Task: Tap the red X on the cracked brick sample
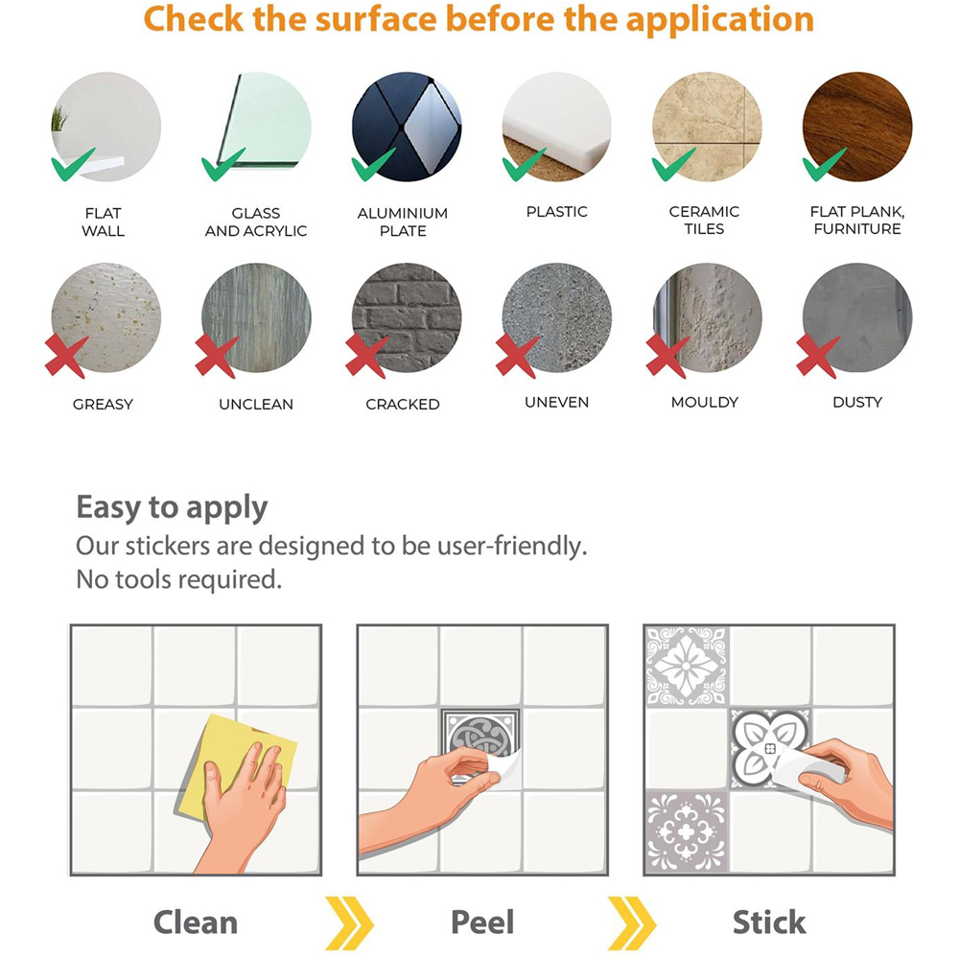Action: click(x=365, y=357)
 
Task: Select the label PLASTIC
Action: click(x=556, y=212)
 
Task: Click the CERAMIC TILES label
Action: click(x=704, y=221)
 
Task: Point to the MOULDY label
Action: click(x=705, y=402)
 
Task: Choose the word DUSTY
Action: click(x=856, y=402)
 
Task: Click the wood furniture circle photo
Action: click(x=856, y=127)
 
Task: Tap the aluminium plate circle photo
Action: click(x=407, y=127)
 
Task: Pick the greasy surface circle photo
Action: click(x=105, y=318)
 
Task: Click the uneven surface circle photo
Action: click(x=556, y=318)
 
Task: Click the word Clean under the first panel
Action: click(x=195, y=923)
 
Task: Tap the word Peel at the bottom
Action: click(x=482, y=923)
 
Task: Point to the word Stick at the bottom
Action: click(x=769, y=923)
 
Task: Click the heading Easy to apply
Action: click(x=172, y=507)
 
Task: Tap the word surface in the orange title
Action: click(x=376, y=19)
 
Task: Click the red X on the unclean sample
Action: click(x=215, y=357)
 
